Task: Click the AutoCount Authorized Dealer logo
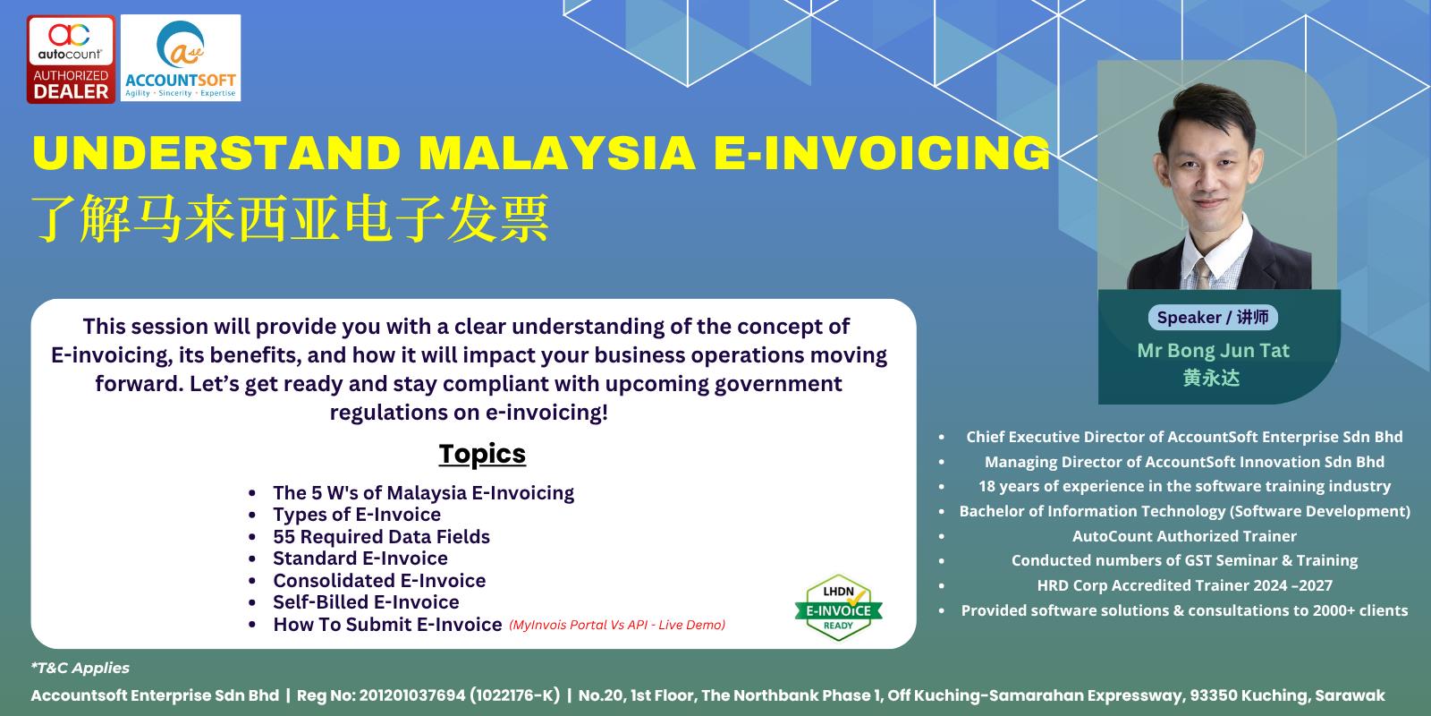71,59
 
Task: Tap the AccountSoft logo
181,58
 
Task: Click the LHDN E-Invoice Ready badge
838,608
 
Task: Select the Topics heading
482,454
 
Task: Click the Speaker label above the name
1213,318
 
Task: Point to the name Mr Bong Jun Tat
1213,350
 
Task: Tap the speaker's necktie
1203,274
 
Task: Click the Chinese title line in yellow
291,218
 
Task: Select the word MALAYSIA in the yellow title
556,153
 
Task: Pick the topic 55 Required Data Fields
381,536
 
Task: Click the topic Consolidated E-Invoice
379,581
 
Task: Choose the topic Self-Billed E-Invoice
366,602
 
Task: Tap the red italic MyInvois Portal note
617,625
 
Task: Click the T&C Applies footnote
80,668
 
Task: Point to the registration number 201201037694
412,695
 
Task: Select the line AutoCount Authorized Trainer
1184,536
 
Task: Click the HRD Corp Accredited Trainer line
1184,585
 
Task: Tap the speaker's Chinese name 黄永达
1211,378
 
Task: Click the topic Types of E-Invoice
357,515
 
